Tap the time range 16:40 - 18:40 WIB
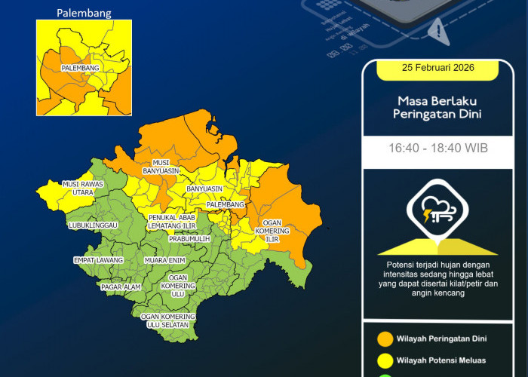(437, 148)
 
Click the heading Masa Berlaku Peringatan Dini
(437, 108)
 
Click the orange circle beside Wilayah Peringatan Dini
(385, 338)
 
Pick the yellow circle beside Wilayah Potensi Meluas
(385, 360)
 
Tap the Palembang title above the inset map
(84, 13)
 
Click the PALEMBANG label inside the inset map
(81, 68)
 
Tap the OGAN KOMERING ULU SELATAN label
(168, 320)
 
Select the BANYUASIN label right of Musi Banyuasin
(204, 188)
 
